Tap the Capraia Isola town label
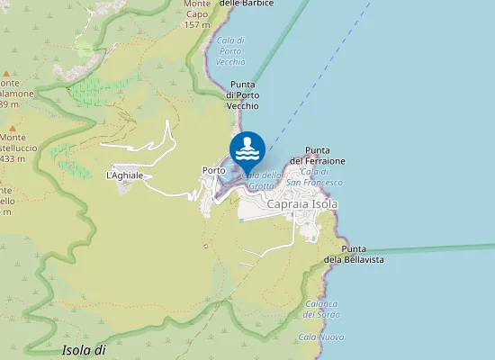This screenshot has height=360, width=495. (302, 204)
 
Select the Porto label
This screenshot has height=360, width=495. (213, 170)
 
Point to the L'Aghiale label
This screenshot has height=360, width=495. (125, 175)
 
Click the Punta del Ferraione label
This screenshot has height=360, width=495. (324, 155)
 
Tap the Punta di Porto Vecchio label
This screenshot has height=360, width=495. (242, 95)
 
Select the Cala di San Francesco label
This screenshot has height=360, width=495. (320, 177)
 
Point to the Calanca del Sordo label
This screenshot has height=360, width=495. (320, 309)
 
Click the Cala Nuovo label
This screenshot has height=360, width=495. (321, 337)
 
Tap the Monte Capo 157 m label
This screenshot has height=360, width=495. (196, 13)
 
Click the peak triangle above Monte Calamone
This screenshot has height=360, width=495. (6, 74)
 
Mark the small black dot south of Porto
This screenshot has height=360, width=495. (205, 246)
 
